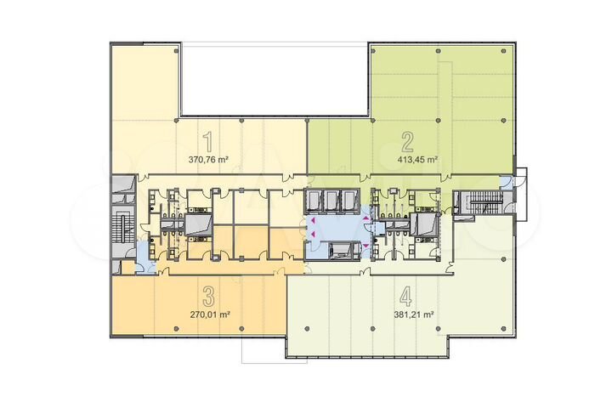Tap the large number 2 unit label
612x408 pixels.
tap(408, 140)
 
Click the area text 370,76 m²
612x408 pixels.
tap(209, 159)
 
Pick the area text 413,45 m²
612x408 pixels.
tap(416, 159)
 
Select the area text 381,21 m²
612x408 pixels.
tap(414, 314)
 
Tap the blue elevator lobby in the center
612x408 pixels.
tap(335, 229)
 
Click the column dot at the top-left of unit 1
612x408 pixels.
tap(177, 52)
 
